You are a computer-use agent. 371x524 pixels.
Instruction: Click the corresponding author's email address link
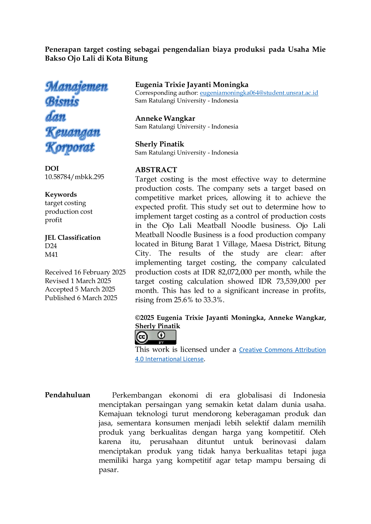[x=259, y=93]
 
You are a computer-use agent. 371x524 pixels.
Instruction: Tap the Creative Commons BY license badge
[x=155, y=337]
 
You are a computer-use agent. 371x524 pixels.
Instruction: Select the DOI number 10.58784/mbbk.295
[x=74, y=177]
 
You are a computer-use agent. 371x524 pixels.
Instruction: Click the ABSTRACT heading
[x=156, y=170]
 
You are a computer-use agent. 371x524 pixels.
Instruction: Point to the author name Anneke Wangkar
[x=165, y=118]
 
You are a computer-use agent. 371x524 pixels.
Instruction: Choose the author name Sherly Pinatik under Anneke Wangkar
[x=160, y=144]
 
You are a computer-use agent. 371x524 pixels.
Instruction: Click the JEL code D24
[x=51, y=246]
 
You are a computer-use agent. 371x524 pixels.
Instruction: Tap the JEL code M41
[x=51, y=255]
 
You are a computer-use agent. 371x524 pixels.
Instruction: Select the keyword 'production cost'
[x=69, y=212]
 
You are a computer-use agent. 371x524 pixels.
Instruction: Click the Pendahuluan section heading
[x=68, y=395]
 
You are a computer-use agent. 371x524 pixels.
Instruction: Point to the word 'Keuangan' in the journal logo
[x=73, y=132]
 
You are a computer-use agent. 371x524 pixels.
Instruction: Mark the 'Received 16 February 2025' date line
[x=85, y=272]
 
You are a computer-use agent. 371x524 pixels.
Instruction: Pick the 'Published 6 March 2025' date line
[x=81, y=298]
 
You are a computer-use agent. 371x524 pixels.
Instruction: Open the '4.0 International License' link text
[x=169, y=359]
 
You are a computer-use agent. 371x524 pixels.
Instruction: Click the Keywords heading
[x=61, y=195]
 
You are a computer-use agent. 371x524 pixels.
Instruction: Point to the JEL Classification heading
[x=73, y=238]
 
